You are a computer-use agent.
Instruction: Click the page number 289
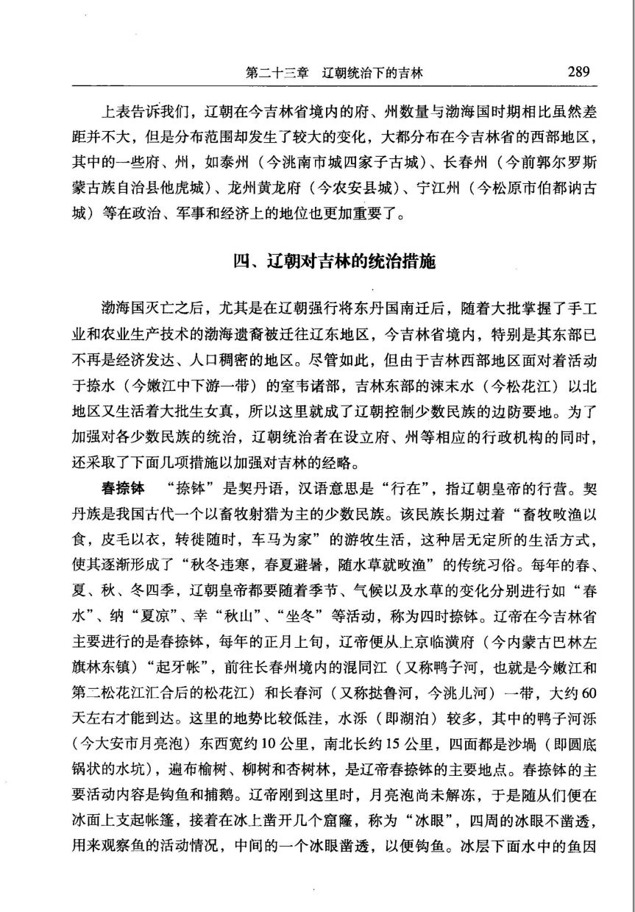(578, 72)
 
